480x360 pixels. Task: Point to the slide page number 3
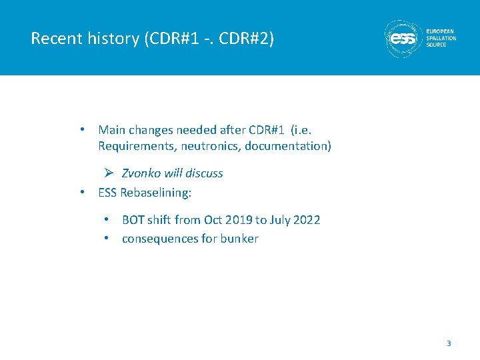(449, 343)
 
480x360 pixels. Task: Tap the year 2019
(237, 220)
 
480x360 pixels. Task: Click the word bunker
(240, 239)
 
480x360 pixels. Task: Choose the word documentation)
(287, 146)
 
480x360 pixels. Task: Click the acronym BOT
(133, 220)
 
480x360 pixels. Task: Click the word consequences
(160, 239)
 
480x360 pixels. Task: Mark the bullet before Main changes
(81, 129)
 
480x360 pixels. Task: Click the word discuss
(204, 173)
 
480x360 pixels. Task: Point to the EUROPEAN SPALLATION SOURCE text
(441, 38)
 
